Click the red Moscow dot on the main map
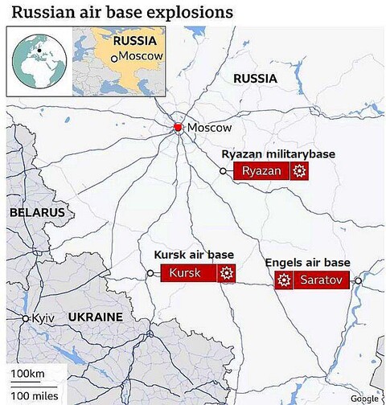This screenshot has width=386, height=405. pos(179,128)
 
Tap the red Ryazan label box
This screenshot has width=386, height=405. pos(261,170)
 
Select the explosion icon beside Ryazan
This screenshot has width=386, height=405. pos(299,170)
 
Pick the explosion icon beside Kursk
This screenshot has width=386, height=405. pos(227,273)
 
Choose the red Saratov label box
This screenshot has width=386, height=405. pos(321,280)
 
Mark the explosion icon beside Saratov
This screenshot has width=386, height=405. pos(283,280)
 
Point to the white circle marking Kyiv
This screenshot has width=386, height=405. pos(26,319)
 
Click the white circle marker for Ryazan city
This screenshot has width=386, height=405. pos(224,170)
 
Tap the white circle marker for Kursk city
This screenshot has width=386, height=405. pos(150,273)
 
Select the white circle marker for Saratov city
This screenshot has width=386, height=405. pos(358,281)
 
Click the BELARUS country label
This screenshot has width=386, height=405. pos(36,212)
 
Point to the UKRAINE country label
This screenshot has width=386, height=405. pos(95,317)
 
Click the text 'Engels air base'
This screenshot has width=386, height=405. pos(308,263)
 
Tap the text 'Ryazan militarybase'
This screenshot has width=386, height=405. pos(278,153)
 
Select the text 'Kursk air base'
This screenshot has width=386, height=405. pos(194,255)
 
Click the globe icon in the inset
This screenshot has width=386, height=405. pos(38,61)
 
